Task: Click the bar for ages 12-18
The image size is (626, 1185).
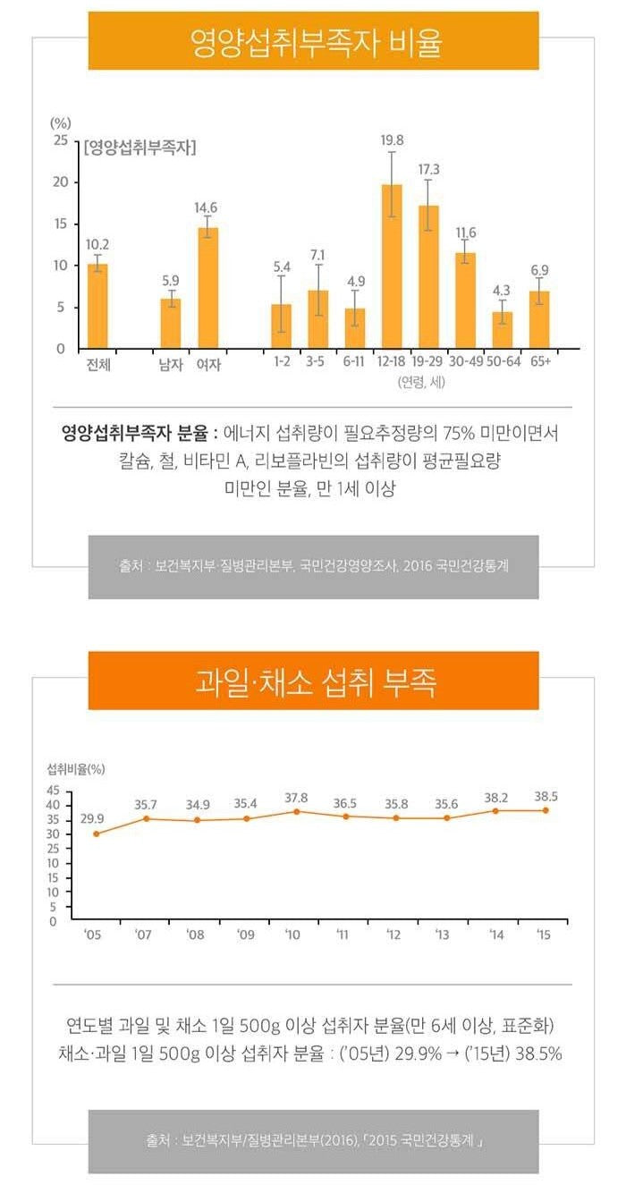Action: tap(392, 266)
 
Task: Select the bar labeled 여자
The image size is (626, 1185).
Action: tap(208, 287)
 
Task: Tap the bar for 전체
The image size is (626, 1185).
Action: tap(97, 306)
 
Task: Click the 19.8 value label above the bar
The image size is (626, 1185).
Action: tap(392, 140)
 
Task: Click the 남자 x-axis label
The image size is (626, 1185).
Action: tap(170, 365)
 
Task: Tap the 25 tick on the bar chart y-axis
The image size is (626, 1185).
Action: tap(60, 140)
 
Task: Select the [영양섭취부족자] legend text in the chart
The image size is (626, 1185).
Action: tap(140, 148)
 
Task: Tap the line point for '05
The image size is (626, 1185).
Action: tap(96, 834)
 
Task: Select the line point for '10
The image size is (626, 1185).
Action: tap(296, 811)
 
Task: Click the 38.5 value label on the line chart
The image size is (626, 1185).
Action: tap(546, 795)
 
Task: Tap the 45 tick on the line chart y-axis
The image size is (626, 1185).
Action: tap(53, 791)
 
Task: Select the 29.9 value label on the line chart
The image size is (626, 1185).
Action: tap(92, 818)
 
